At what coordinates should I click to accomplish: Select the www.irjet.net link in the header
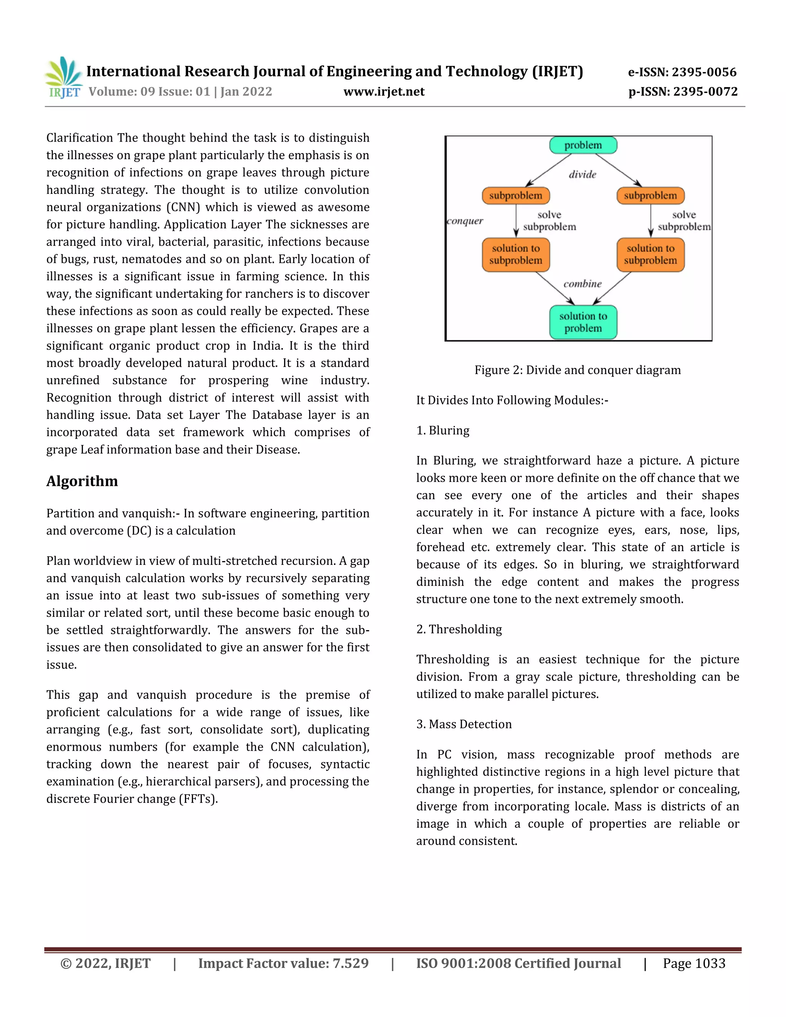click(x=384, y=92)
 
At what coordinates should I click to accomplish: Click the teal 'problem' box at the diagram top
click(x=583, y=145)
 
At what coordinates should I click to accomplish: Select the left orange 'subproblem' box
click(x=515, y=196)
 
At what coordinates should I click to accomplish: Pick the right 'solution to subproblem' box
click(x=650, y=255)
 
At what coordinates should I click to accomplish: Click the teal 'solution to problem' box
click(x=583, y=322)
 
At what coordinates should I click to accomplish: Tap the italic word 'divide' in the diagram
click(x=582, y=175)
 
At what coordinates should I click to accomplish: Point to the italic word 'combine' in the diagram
click(x=582, y=284)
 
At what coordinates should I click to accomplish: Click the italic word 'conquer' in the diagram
click(x=465, y=221)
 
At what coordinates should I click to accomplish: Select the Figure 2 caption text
click(x=577, y=370)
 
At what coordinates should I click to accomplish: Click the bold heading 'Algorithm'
click(x=82, y=481)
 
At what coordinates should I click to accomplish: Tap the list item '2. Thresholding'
click(x=459, y=629)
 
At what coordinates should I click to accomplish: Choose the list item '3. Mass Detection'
click(x=464, y=724)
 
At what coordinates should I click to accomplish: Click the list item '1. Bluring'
click(x=443, y=430)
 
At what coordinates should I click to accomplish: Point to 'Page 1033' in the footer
click(x=694, y=963)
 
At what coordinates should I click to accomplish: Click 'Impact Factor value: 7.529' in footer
click(x=283, y=963)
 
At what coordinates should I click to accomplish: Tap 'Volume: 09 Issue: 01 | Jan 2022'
click(x=180, y=92)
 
